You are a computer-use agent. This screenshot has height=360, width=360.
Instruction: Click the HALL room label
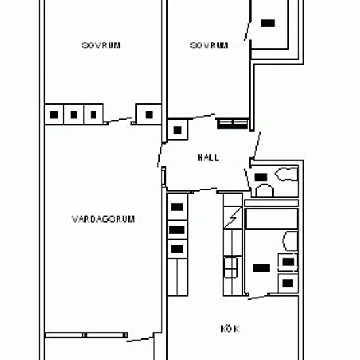pos(208,158)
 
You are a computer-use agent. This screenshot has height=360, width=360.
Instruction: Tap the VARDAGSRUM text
pos(103,219)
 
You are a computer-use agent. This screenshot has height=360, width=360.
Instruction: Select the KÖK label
pos(230,329)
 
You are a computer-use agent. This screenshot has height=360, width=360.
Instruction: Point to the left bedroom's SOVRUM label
pos(101,45)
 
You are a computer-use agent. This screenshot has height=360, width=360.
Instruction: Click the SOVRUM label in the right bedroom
pos(209,45)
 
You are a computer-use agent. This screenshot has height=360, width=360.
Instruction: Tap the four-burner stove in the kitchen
pos(230,267)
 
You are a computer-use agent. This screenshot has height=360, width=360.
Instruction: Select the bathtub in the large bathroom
pos(272,219)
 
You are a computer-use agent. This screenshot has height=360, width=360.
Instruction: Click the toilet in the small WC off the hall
pos(287,174)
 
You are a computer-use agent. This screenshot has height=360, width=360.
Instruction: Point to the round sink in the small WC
pos(264,190)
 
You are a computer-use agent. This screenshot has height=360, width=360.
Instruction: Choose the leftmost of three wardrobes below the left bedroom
pos(54,115)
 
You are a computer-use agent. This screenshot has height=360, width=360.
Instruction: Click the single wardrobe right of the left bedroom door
pos(149,115)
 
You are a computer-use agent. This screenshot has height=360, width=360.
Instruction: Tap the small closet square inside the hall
pos(177,130)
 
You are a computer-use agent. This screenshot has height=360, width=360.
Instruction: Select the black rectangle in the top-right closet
pos(268,23)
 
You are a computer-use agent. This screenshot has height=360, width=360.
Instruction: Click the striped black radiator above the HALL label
pos(232,124)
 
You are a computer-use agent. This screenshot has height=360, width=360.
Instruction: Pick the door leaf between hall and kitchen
pos(206,190)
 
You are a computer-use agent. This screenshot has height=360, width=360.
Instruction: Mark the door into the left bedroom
pos(119,120)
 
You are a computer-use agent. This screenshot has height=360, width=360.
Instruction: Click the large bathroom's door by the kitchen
pos(258,297)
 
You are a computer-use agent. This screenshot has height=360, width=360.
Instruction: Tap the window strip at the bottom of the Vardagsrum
pos(86,335)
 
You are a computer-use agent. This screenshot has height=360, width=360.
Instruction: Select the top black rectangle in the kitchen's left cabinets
pos(177,207)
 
